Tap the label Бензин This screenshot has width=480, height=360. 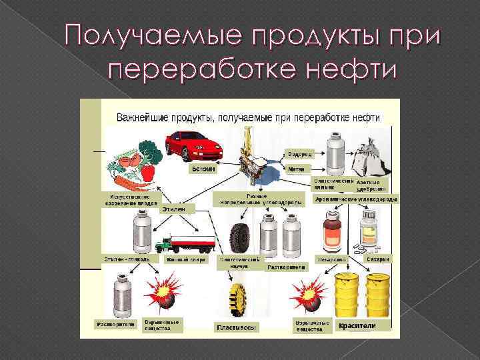point(203,169)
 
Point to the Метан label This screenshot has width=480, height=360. point(296,169)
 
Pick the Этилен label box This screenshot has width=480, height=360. point(175,209)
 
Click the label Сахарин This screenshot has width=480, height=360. point(378,259)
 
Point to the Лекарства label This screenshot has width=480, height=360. point(331,259)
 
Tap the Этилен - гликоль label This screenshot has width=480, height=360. point(126,259)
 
